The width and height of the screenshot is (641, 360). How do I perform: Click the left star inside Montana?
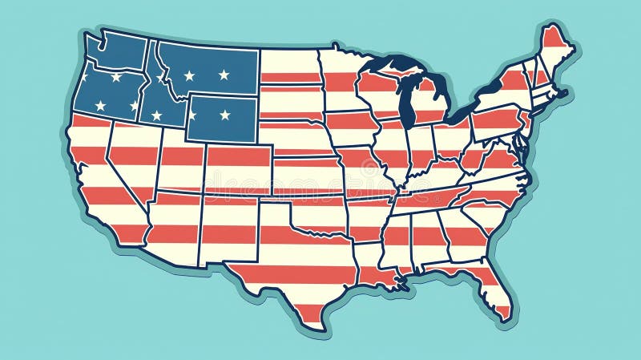(189, 75)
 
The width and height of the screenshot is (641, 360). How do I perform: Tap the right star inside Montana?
(224, 75)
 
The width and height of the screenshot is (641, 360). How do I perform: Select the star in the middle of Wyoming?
(224, 115)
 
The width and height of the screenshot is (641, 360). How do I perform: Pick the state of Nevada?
(128, 160)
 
